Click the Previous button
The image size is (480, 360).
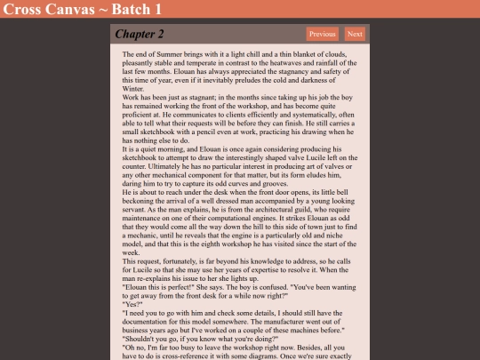click(x=322, y=35)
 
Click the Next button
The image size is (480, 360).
click(x=355, y=35)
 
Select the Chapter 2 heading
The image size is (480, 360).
click(x=140, y=35)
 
